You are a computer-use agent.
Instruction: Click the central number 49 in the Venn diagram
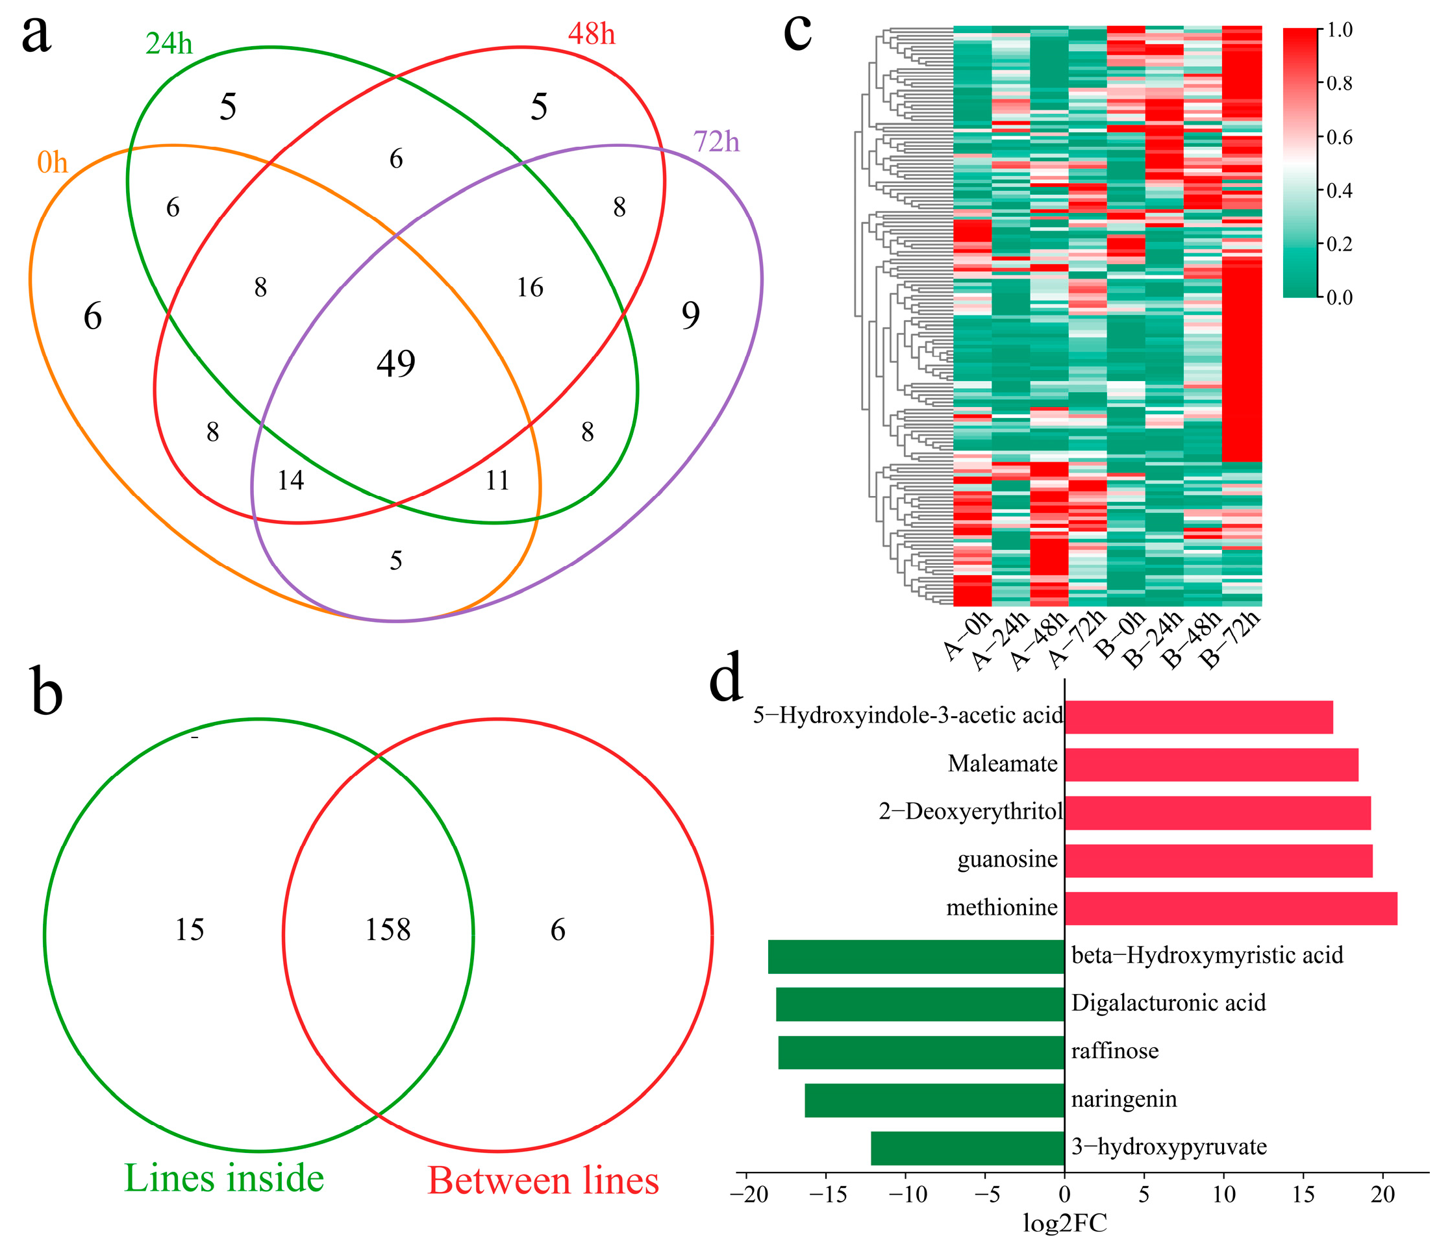(x=396, y=364)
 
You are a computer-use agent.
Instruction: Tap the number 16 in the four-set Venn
(x=530, y=288)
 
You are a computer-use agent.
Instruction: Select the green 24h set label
(x=169, y=44)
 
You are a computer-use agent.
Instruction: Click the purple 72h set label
(x=716, y=142)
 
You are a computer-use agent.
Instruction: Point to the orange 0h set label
(x=53, y=163)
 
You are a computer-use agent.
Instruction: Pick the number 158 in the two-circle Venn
(x=388, y=930)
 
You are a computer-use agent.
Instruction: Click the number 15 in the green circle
(x=189, y=930)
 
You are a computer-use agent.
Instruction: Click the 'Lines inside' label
(x=224, y=1178)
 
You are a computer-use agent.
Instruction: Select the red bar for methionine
(x=1231, y=909)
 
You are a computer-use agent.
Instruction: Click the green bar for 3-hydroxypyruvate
(x=967, y=1148)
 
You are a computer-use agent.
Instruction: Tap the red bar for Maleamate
(x=1210, y=765)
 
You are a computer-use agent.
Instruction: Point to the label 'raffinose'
(x=1115, y=1052)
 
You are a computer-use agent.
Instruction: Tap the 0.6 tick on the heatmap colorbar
(x=1340, y=137)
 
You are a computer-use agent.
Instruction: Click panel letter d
(x=726, y=678)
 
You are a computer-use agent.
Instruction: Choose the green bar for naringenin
(x=934, y=1100)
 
